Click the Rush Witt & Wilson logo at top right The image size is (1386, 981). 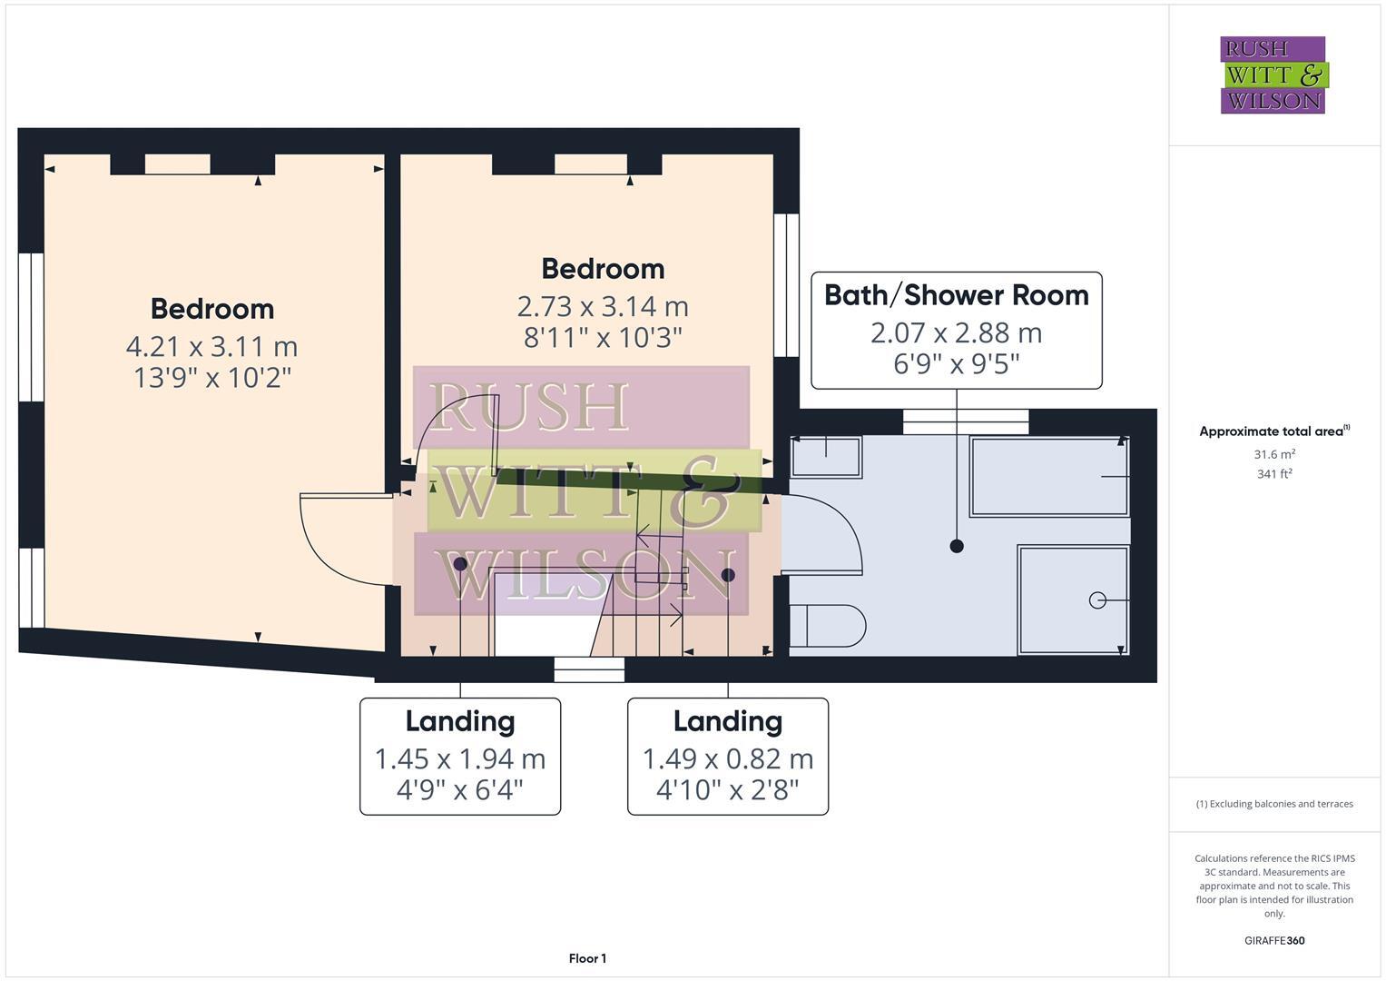1273,74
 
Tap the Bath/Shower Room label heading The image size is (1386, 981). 956,295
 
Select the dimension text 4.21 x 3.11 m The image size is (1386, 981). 211,346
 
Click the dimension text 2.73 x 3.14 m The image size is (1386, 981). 602,306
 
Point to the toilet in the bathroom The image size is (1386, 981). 827,626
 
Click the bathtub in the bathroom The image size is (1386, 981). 1049,476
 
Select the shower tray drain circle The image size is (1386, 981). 1097,600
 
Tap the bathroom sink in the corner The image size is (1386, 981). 826,457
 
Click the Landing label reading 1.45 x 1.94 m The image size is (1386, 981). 460,758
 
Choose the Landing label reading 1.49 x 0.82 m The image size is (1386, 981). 728,758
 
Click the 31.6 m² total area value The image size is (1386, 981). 1274,454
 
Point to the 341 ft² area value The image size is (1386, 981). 1274,473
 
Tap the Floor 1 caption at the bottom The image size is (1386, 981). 587,958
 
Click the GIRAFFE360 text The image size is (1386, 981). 1274,940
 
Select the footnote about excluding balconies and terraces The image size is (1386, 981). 1274,804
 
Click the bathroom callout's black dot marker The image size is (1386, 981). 956,546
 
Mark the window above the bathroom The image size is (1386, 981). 966,421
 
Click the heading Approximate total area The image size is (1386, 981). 1273,431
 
